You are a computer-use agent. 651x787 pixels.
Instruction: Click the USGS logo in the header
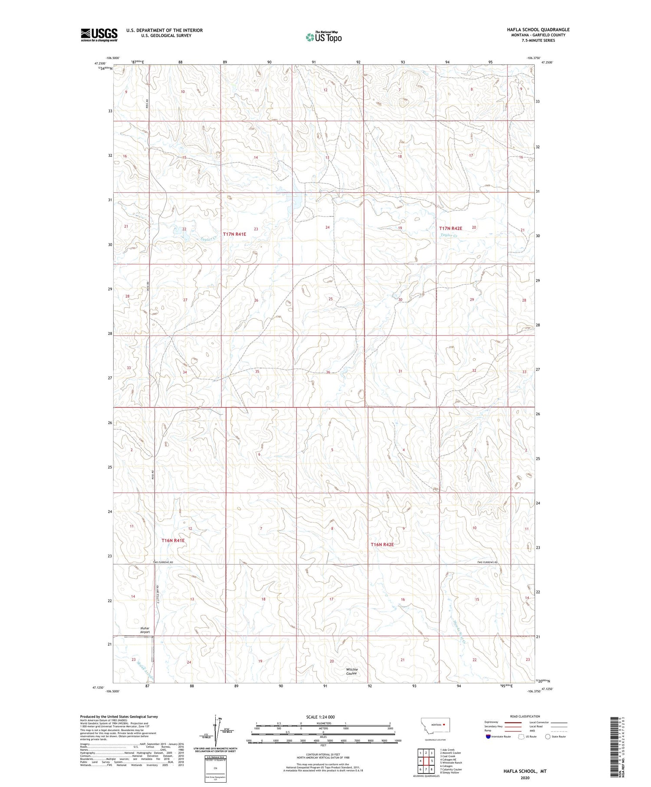(99, 35)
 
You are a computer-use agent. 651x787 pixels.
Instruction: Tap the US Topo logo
(324, 37)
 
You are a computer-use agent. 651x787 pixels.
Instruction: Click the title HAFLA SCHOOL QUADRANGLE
(538, 30)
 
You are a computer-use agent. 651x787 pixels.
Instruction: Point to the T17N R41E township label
(234, 234)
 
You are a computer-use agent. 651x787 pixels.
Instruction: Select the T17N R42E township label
(450, 228)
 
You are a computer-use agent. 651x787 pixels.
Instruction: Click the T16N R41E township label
(173, 540)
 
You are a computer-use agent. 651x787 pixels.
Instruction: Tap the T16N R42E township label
(382, 544)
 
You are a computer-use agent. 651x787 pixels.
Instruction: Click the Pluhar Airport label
(145, 630)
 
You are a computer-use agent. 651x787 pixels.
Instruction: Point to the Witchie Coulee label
(352, 671)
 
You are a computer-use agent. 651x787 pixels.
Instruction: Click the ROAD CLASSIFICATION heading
(525, 716)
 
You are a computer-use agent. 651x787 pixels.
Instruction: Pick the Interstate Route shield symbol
(489, 736)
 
